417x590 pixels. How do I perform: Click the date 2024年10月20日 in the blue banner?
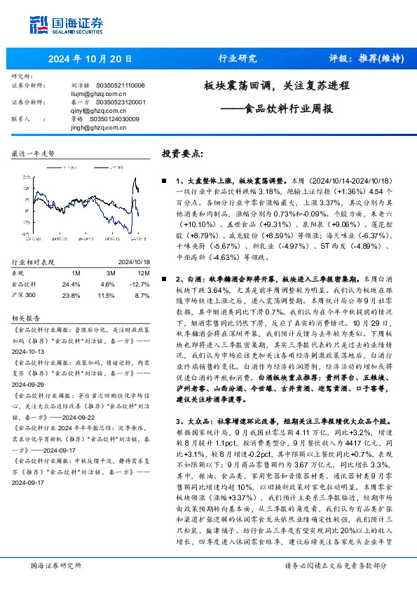(x=90, y=59)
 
